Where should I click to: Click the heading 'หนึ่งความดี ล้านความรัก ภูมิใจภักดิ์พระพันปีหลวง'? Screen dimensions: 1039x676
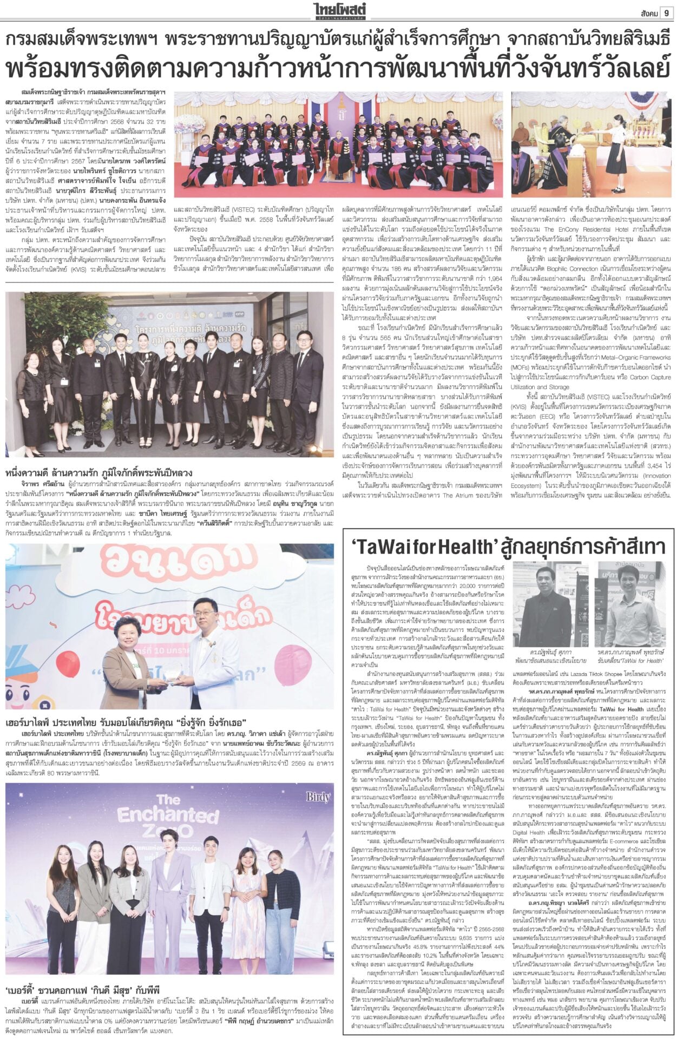tap(99, 473)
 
